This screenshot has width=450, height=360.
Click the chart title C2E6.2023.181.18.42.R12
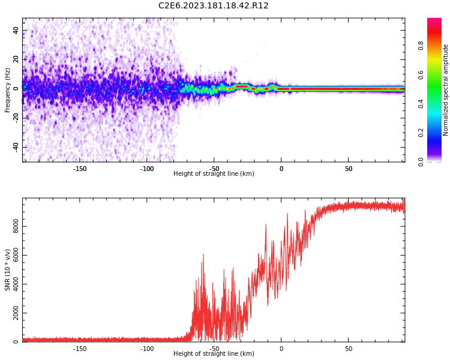click(x=213, y=5)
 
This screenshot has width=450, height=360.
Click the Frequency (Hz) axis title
click(x=8, y=90)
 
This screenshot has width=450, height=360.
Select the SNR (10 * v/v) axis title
click(x=8, y=270)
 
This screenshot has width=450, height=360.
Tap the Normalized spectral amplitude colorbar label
click(x=446, y=90)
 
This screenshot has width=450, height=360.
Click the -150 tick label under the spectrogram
click(x=80, y=169)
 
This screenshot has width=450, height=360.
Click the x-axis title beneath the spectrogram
click(x=214, y=174)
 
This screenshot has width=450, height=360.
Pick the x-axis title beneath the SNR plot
click(x=214, y=354)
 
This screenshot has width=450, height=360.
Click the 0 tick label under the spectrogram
click(x=281, y=169)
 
